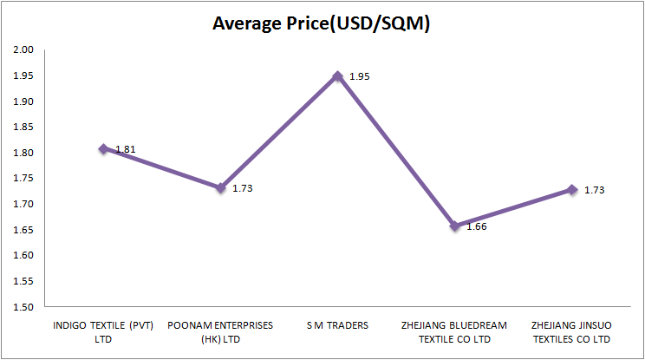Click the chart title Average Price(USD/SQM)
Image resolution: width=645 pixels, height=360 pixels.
click(x=322, y=23)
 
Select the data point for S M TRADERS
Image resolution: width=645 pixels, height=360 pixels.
click(x=338, y=76)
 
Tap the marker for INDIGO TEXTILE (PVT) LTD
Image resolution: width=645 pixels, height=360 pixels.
click(x=103, y=148)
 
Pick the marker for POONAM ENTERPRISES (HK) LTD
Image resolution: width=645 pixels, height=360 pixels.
click(x=221, y=187)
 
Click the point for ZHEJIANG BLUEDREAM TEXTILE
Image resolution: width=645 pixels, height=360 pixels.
click(x=455, y=226)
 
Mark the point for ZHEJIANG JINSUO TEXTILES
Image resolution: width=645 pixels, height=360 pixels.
click(x=572, y=189)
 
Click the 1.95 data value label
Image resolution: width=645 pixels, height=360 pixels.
click(x=359, y=77)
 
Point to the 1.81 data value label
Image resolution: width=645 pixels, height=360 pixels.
click(x=125, y=149)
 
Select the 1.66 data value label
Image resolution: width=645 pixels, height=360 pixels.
click(x=477, y=227)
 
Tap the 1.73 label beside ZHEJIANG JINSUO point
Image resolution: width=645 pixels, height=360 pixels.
click(x=594, y=190)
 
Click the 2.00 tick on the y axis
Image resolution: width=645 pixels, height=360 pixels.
click(x=23, y=50)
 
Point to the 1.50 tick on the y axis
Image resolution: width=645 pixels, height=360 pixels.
click(x=23, y=307)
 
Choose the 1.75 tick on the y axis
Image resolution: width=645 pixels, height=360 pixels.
click(x=23, y=179)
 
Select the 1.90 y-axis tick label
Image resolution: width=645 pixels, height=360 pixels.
click(x=23, y=101)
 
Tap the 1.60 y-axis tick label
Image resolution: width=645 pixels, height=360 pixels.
click(x=23, y=256)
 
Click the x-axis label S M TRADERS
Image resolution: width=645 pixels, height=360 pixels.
click(x=338, y=326)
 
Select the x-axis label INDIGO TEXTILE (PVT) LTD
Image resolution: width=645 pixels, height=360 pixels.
click(x=103, y=332)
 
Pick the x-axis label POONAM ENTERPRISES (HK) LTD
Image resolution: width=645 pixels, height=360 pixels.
click(x=221, y=332)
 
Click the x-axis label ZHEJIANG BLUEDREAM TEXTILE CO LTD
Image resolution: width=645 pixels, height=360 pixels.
click(x=455, y=332)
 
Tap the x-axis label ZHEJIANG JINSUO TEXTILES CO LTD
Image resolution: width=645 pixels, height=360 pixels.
click(x=572, y=332)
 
